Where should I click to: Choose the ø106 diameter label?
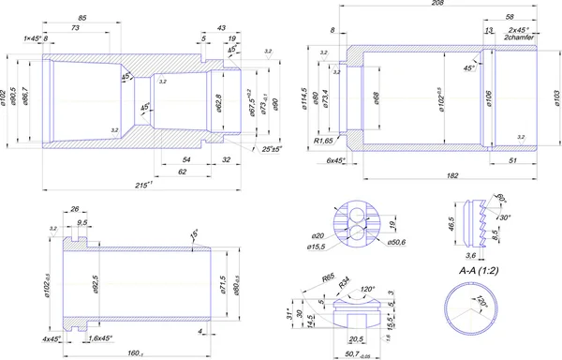point(488,98)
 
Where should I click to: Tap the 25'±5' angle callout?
point(273,148)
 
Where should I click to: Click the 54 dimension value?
point(186,160)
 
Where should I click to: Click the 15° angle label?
point(194,232)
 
